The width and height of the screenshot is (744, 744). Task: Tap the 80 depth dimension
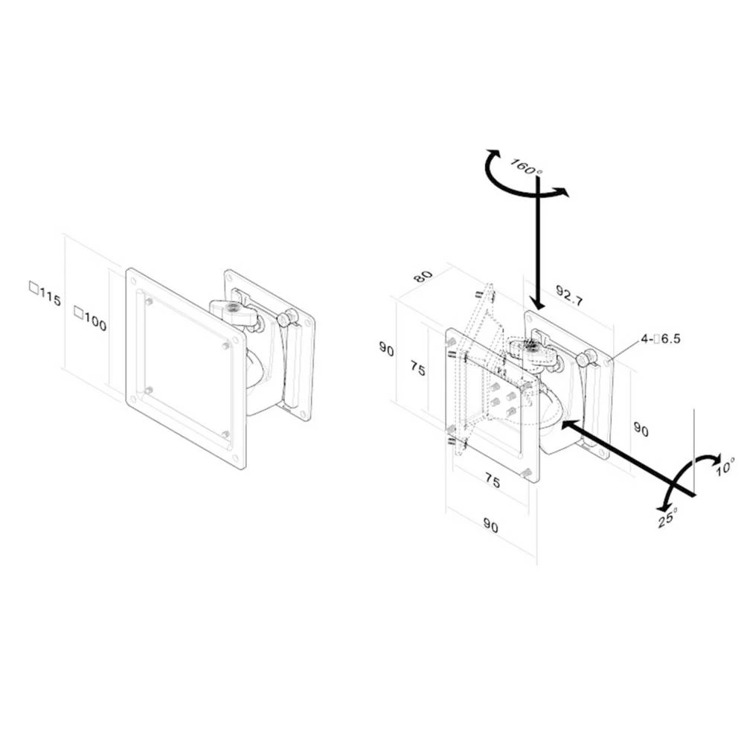423,275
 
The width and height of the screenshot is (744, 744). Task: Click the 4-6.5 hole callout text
660,339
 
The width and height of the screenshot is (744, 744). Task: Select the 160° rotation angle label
527,166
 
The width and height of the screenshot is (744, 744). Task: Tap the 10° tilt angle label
725,466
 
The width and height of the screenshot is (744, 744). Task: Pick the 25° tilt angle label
667,519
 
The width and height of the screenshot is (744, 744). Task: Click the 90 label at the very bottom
490,526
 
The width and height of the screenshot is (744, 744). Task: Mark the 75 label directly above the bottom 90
492,481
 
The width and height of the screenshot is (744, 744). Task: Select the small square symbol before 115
33,286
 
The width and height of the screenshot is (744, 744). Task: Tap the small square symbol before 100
78,313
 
